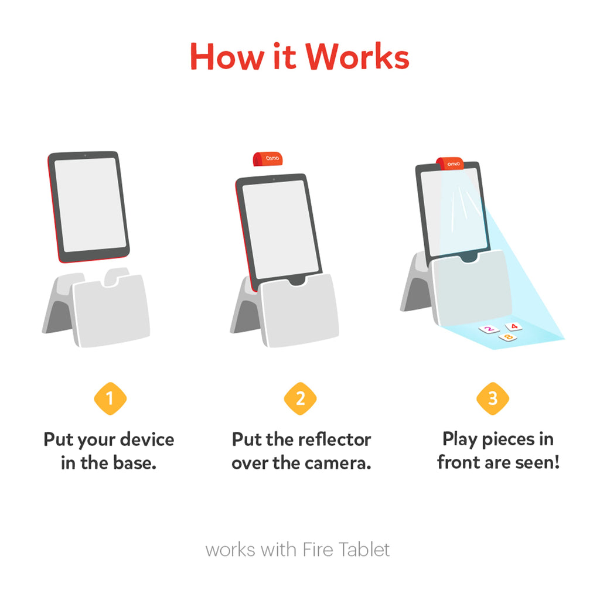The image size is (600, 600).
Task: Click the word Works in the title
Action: pyautogui.click(x=357, y=57)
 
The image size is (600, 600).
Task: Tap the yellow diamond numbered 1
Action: pyautogui.click(x=110, y=398)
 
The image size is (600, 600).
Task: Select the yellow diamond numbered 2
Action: pyautogui.click(x=301, y=398)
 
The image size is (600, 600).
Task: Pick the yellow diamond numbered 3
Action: pyautogui.click(x=493, y=398)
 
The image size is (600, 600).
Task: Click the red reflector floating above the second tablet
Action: pyautogui.click(x=268, y=159)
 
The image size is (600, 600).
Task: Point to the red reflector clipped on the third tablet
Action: pyautogui.click(x=450, y=163)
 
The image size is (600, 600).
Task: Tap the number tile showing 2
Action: pyautogui.click(x=489, y=329)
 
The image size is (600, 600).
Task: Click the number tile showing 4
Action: pyautogui.click(x=514, y=326)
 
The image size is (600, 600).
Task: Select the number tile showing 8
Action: pyautogui.click(x=508, y=337)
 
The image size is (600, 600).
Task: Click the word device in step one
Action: pyautogui.click(x=147, y=439)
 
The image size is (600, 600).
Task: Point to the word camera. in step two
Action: pyautogui.click(x=338, y=463)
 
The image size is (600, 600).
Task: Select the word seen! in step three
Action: pyautogui.click(x=538, y=462)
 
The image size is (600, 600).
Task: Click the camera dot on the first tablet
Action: pyautogui.click(x=85, y=155)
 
